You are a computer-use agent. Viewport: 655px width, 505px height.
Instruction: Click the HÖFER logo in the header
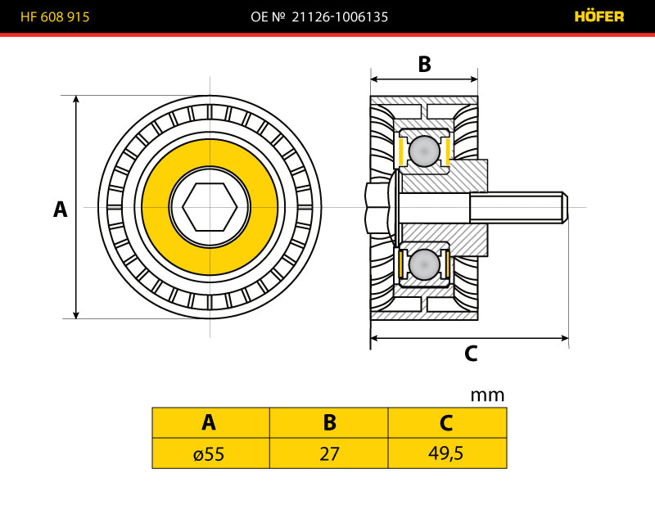(x=599, y=16)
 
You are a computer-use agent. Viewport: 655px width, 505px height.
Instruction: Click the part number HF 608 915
(x=55, y=16)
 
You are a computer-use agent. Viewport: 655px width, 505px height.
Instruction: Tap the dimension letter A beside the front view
(x=60, y=210)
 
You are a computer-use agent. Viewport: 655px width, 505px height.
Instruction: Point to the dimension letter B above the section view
(x=424, y=64)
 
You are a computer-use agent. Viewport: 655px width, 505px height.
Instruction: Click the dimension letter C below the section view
(x=471, y=354)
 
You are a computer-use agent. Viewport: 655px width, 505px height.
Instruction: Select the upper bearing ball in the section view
(x=424, y=151)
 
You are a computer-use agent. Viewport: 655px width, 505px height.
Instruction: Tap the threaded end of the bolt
(x=518, y=207)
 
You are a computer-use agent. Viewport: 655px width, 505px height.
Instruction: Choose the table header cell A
(x=210, y=422)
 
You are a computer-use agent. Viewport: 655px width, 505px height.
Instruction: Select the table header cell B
(x=329, y=422)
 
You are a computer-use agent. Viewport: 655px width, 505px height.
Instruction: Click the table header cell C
(x=447, y=422)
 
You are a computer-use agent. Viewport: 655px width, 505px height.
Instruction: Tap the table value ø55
(x=210, y=453)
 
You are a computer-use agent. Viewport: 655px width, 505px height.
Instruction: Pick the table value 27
(x=329, y=453)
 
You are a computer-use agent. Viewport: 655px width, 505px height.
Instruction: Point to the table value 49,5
(x=447, y=453)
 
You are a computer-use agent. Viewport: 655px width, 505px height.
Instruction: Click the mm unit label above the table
(x=488, y=395)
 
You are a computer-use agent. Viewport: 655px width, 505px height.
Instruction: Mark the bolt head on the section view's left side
(x=377, y=207)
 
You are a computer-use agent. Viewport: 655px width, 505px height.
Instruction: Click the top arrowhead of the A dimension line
(x=76, y=100)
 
